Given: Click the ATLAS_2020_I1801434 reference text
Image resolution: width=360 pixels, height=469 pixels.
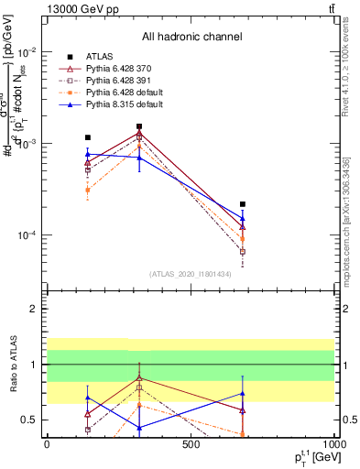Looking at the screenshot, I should tap(191, 274).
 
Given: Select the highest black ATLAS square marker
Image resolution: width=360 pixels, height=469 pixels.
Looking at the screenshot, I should tap(139, 126).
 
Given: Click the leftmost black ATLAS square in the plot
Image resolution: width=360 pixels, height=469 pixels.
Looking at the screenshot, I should tap(88, 137).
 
